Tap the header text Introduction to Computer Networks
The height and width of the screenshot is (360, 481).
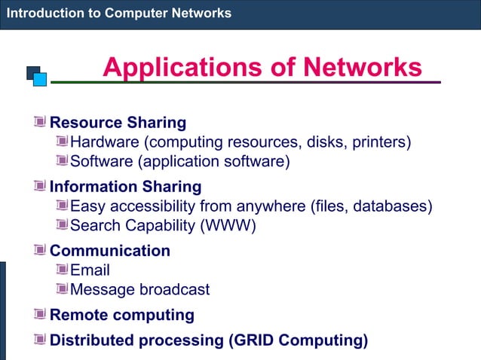119,14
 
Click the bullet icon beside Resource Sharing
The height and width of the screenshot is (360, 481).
40,122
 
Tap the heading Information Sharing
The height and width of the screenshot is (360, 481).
125,186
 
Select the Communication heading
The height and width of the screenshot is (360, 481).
109,251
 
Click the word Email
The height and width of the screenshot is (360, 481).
90,270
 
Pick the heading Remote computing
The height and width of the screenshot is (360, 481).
121,315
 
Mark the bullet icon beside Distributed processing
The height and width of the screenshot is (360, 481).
40,340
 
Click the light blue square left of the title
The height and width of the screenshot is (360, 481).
40,78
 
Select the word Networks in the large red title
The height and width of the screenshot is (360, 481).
362,68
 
